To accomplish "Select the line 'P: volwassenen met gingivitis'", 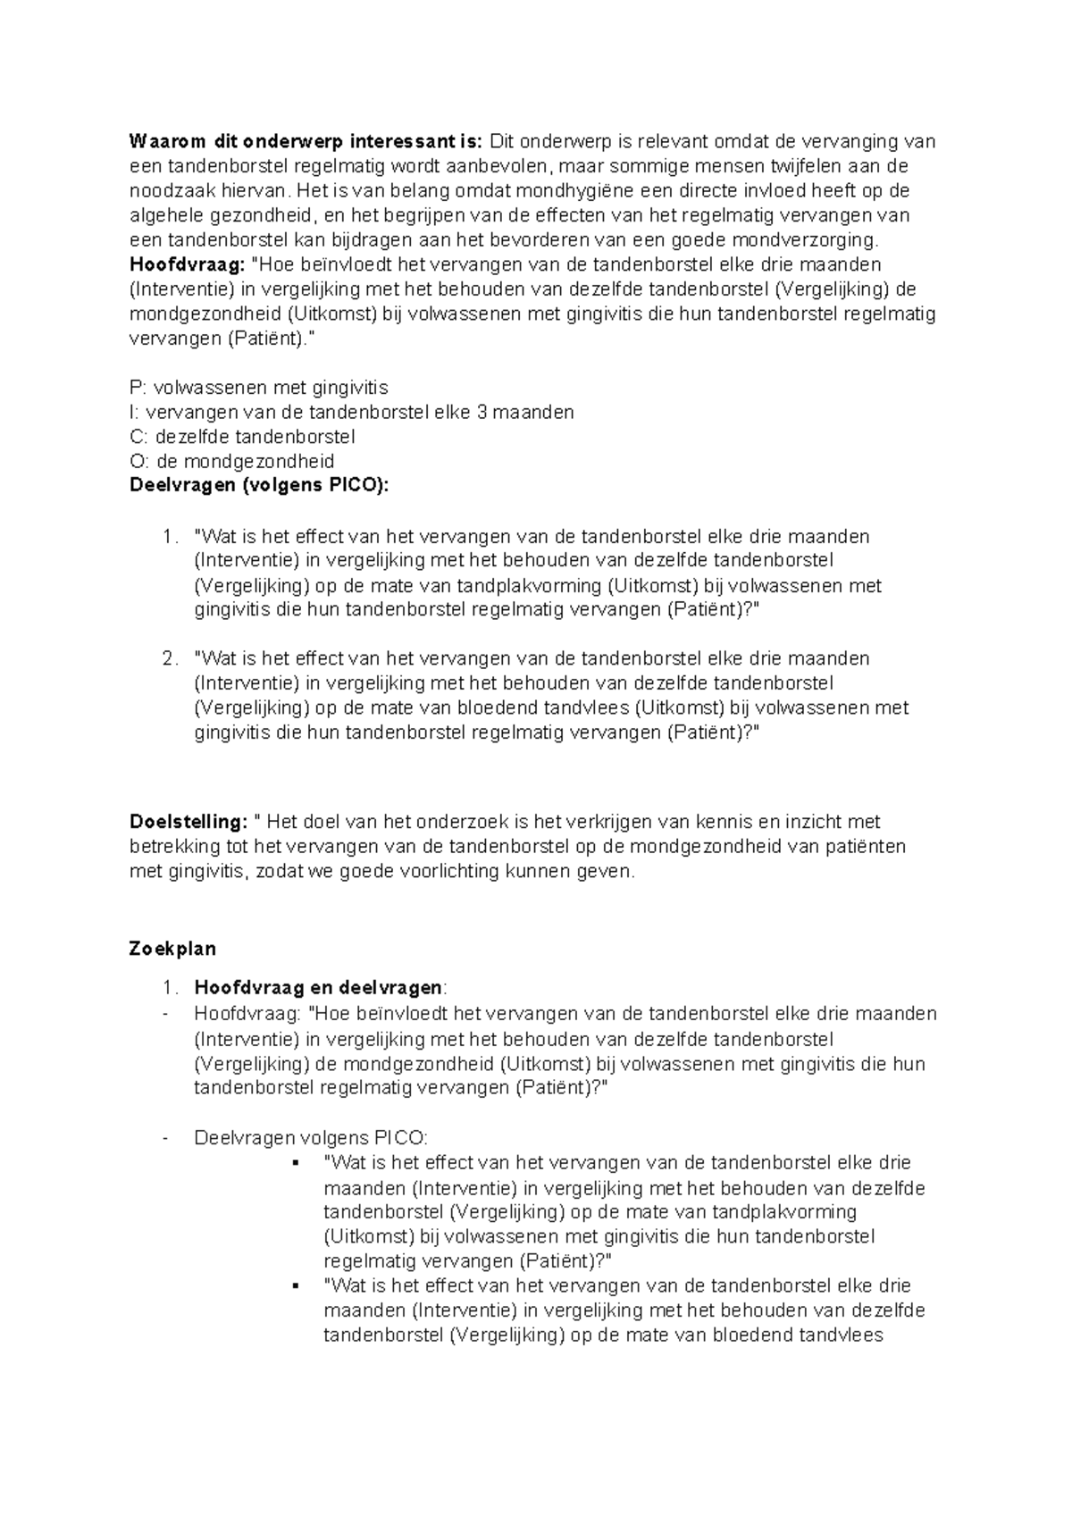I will pyautogui.click(x=259, y=388).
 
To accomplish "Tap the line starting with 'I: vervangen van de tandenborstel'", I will pyautogui.click(x=351, y=412).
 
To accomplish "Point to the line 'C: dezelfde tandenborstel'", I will pyautogui.click(x=242, y=437).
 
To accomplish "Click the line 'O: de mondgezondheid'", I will pyautogui.click(x=232, y=462).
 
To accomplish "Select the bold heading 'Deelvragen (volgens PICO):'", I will pyautogui.click(x=260, y=486).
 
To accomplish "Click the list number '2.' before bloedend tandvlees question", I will pyautogui.click(x=171, y=659).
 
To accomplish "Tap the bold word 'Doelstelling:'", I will pyautogui.click(x=188, y=822).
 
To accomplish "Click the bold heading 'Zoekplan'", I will pyautogui.click(x=172, y=949).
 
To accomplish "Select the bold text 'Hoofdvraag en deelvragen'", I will pyautogui.click(x=318, y=988).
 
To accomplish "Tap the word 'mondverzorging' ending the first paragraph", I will pyautogui.click(x=805, y=240).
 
